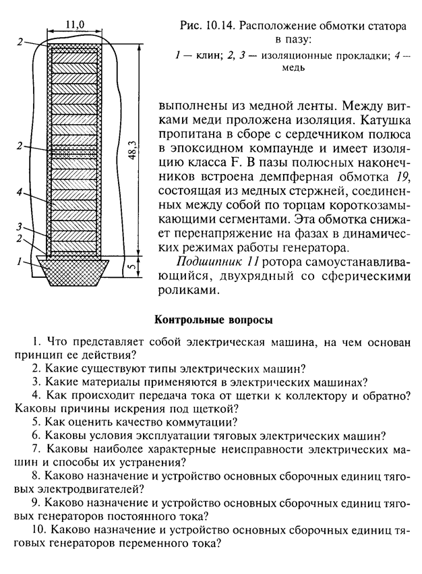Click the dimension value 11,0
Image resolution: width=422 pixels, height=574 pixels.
pyautogui.click(x=75, y=24)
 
